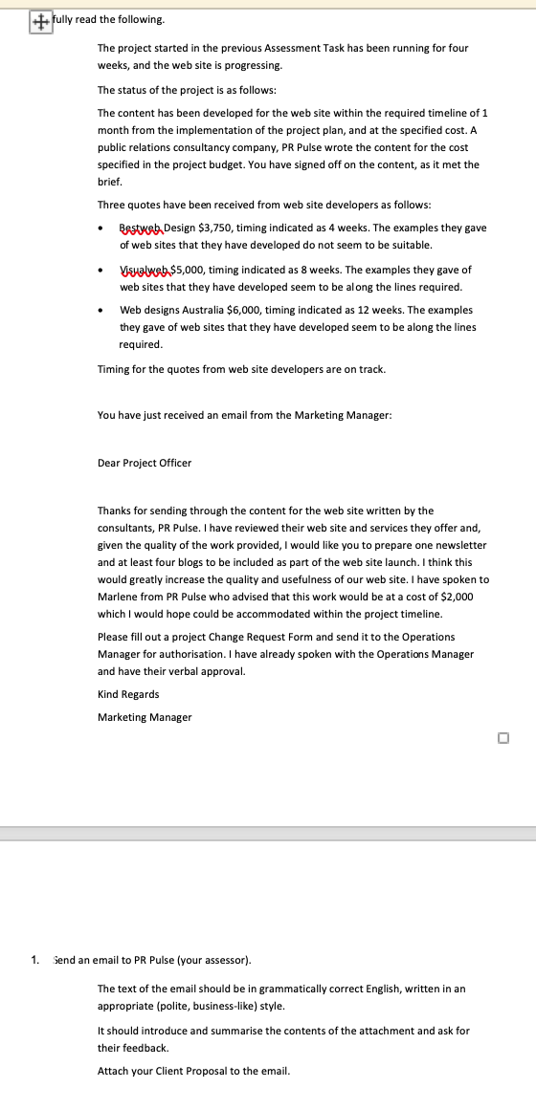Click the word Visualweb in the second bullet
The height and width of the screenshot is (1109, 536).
[x=143, y=271]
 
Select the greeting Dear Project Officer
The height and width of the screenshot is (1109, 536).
[x=145, y=463]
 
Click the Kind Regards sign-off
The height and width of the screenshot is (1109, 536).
[x=128, y=694]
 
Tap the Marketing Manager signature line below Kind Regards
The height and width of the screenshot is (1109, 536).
[x=145, y=717]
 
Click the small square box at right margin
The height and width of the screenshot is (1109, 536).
[x=503, y=737]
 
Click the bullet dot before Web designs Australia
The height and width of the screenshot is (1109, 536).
[x=102, y=311]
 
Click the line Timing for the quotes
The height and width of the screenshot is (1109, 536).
[x=241, y=369]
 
